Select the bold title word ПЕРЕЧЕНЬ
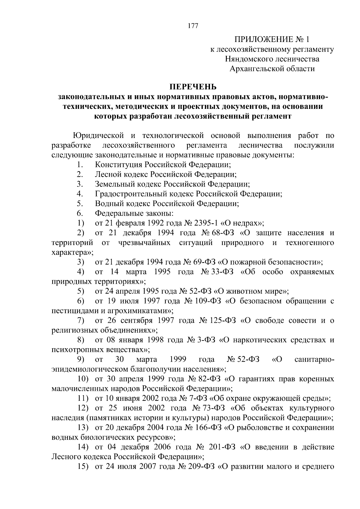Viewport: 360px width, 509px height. click(193, 87)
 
